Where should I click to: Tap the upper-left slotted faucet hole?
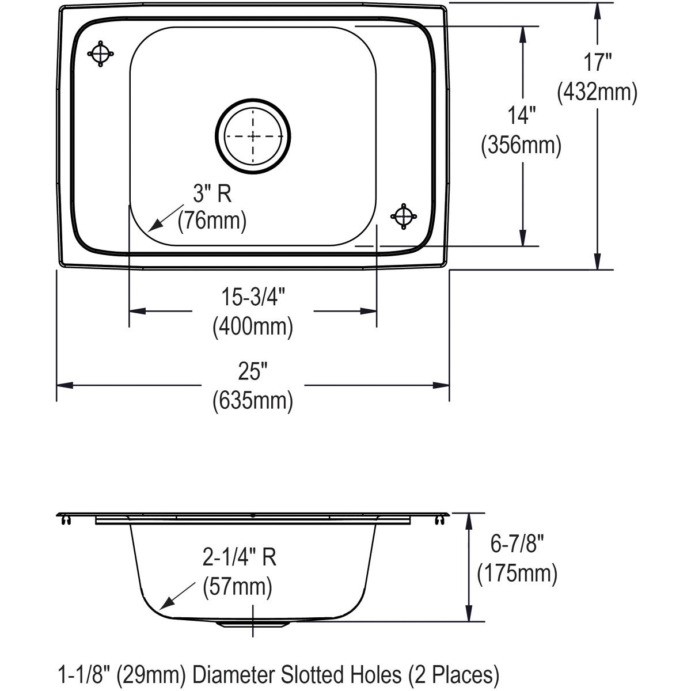point(100,54)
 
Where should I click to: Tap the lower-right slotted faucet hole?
point(404,216)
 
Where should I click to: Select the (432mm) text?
point(597,92)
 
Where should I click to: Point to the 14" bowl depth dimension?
point(521,116)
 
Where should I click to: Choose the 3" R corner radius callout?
point(212,194)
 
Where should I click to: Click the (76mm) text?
point(212,221)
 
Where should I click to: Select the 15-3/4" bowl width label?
point(253,298)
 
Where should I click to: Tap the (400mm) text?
point(253,326)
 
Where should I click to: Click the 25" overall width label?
point(253,373)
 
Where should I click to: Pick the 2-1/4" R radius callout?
point(240,557)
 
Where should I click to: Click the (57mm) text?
point(237,587)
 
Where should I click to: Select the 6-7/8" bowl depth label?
point(517,544)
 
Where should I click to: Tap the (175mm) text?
point(517,574)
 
